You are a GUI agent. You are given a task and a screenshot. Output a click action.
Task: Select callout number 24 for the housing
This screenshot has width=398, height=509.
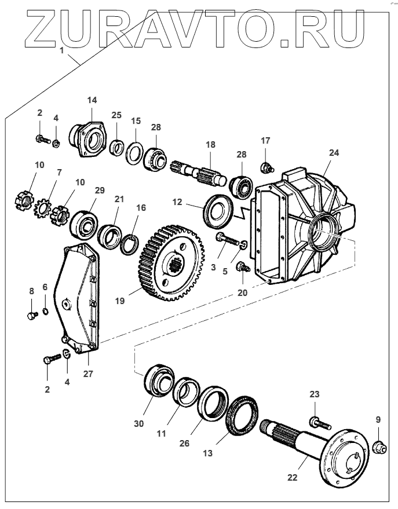coord(334,153)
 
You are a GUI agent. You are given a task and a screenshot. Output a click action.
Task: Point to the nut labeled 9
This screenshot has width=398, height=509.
coord(378,446)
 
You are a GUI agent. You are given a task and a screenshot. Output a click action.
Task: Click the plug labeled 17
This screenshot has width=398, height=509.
coord(266,167)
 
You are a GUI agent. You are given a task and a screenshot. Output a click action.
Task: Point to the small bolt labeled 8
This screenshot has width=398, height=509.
coord(32,315)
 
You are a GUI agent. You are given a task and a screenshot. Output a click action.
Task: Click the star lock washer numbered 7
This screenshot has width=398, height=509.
coord(43,205)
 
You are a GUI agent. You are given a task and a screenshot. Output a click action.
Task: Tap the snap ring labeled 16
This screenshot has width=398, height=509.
coord(130,241)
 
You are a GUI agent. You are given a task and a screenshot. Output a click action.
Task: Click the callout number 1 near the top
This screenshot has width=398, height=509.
coord(61,51)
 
